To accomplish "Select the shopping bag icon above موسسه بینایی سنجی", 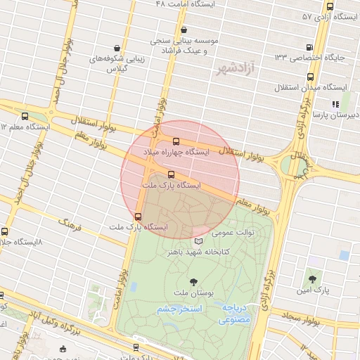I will [184, 30].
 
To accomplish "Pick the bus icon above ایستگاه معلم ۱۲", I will [25, 117].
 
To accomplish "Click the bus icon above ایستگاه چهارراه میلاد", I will [175, 141].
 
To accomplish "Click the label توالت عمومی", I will [234, 232].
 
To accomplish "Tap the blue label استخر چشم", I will [179, 309].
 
